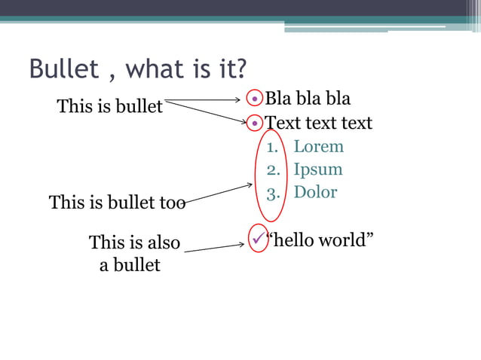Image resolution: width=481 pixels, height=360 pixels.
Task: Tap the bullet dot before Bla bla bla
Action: click(256, 99)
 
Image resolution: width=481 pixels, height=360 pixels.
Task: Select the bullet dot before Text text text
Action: click(256, 122)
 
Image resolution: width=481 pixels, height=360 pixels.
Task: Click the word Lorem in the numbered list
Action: click(318, 146)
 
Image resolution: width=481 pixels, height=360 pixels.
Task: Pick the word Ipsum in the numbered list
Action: click(317, 169)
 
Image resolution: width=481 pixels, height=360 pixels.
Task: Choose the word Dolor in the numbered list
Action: click(315, 192)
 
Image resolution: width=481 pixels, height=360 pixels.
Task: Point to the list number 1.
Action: click(271, 147)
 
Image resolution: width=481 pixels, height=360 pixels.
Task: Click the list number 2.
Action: click(271, 169)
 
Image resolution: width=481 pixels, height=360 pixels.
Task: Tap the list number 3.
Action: click(271, 192)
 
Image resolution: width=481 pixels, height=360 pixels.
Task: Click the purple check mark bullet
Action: click(259, 239)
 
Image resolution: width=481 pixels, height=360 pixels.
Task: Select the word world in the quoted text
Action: click(346, 240)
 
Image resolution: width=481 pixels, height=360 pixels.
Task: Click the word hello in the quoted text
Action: click(293, 240)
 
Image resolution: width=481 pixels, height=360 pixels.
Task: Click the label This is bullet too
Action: click(117, 202)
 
